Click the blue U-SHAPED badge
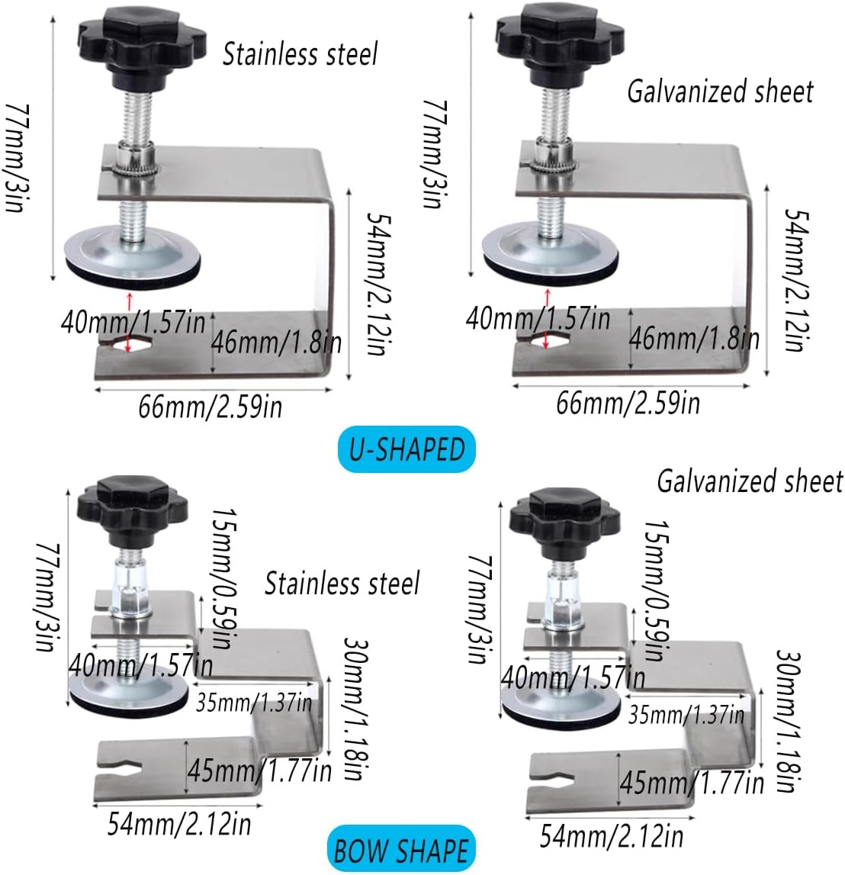pyautogui.click(x=406, y=449)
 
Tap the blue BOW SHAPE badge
pyautogui.click(x=400, y=850)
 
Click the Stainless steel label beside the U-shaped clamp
pyautogui.click(x=300, y=54)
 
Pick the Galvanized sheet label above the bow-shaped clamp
pyautogui.click(x=750, y=481)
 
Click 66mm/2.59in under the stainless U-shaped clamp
pyautogui.click(x=210, y=406)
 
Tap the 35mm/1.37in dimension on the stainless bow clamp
pyautogui.click(x=254, y=702)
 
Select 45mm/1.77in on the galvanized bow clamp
pyautogui.click(x=691, y=782)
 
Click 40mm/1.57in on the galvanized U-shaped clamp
pyautogui.click(x=538, y=317)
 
